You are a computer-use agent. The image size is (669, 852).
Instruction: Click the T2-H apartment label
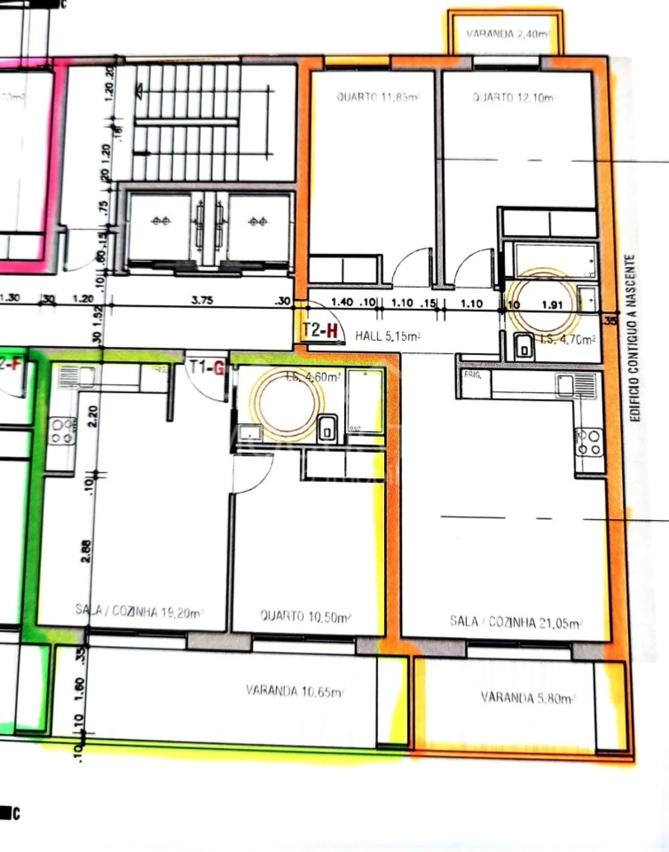[320, 330]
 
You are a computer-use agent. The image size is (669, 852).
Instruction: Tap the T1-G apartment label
[206, 368]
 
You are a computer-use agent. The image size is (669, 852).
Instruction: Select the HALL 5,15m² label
[388, 336]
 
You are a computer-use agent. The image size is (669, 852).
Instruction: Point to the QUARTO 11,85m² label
[378, 97]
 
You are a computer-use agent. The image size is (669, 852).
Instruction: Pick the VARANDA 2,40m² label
[507, 34]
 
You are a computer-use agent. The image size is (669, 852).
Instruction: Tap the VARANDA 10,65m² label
[295, 691]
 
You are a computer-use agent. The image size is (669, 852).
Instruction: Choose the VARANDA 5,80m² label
[528, 698]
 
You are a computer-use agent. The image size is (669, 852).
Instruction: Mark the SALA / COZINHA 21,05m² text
[516, 622]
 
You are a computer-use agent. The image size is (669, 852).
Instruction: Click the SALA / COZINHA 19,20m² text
[139, 611]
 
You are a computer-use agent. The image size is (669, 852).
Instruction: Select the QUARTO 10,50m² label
[306, 617]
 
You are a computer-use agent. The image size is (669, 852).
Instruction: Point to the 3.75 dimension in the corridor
[202, 300]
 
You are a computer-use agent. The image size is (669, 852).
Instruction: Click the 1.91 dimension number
[552, 305]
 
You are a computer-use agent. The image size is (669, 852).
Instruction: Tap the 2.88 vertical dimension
[87, 551]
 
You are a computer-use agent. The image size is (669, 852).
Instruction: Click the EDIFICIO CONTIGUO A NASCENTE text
[633, 338]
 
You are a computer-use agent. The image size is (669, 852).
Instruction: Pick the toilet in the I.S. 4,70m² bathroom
[524, 346]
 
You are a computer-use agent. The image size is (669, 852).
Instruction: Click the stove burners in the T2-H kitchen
[589, 442]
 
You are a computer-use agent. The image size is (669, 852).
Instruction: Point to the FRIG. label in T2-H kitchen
[472, 375]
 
